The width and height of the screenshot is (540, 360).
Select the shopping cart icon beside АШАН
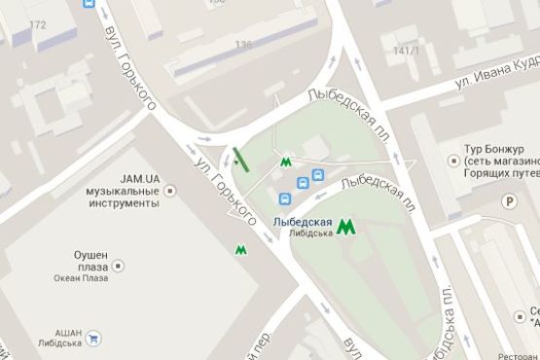coord(93,339)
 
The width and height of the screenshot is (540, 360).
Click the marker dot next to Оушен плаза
coord(119,265)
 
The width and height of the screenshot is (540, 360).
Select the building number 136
coord(243,44)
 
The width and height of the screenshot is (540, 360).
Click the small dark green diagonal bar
coord(240,159)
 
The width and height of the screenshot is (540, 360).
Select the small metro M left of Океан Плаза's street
coord(239,249)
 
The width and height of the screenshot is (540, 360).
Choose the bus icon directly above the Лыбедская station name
coord(284,199)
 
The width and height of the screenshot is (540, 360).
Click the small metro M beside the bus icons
coord(286,162)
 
